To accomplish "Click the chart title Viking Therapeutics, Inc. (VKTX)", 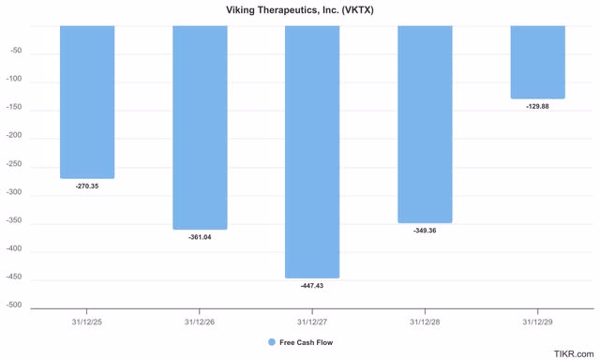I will pos(299,9).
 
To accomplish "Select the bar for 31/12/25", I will pos(87,101).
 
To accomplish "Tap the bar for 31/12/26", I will pos(200,127).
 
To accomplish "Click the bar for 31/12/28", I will pos(425,124).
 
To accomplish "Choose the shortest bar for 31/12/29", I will pos(538,62).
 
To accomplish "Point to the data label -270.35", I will pos(87,187).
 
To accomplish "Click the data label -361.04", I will pos(200,238).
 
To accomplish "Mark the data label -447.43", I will pos(312,286).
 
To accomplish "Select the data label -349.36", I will pos(425,231).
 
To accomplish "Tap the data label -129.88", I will pos(538,107).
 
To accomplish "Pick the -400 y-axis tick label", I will pos(13,250).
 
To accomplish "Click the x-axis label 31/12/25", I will pos(87,322).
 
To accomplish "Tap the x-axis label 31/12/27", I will pos(312,322).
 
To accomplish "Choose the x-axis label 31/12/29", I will pos(538,322).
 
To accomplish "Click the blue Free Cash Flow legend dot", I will pos(272,343).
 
